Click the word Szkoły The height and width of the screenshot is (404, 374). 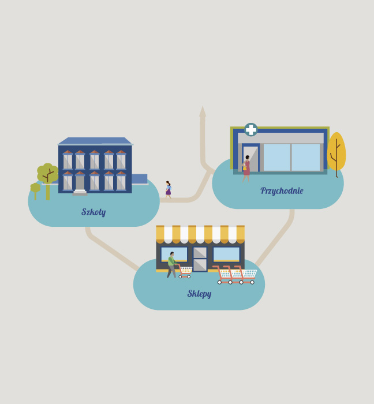(x=93, y=212)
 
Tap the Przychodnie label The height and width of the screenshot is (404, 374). (x=282, y=190)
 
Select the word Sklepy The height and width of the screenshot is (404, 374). (x=199, y=293)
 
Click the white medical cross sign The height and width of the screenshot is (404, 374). (x=250, y=129)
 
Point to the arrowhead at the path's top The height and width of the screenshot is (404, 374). (x=203, y=111)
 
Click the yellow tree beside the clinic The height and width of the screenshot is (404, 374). (x=336, y=154)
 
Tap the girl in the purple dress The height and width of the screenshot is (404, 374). (x=168, y=190)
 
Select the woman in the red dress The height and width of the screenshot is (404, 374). (x=246, y=169)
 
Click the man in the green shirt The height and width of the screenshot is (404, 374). (x=172, y=264)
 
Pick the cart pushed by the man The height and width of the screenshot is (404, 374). (x=185, y=272)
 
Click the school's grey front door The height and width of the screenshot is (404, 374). (x=80, y=183)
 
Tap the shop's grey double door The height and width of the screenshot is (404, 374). (x=200, y=259)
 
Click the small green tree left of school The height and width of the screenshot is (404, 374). (x=35, y=191)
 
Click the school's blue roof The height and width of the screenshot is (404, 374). (x=95, y=141)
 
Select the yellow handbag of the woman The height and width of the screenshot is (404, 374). (x=245, y=168)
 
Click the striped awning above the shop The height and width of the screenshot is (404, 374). (x=200, y=234)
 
